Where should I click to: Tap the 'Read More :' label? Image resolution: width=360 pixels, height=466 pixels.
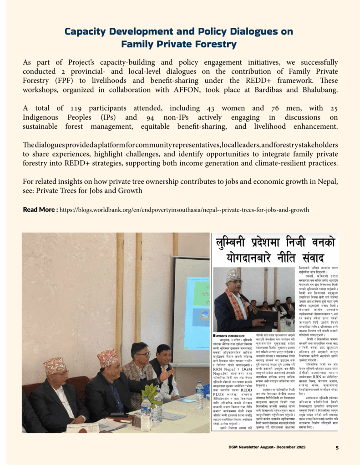point(41,210)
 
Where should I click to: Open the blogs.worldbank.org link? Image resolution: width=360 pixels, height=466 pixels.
point(184,210)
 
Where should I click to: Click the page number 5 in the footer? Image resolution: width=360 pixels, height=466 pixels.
point(337,448)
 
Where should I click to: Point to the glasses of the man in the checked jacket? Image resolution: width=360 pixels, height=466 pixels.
point(142,354)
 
